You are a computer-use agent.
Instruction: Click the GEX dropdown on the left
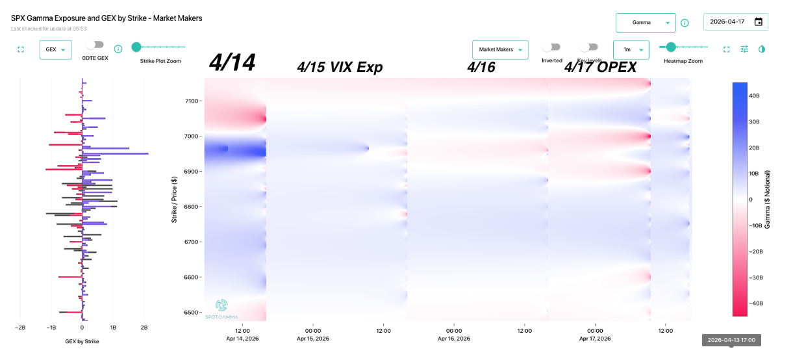(x=55, y=49)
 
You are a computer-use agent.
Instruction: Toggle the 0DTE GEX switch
(x=95, y=45)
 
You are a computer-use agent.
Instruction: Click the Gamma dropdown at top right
(x=645, y=23)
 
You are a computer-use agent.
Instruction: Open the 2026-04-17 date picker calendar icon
(x=758, y=21)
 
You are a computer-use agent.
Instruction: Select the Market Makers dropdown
(x=499, y=49)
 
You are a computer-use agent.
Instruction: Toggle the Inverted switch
(x=551, y=47)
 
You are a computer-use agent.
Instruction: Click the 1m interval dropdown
(x=631, y=49)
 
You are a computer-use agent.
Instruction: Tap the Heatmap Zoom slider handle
(x=671, y=47)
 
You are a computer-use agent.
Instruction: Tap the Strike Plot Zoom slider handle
(x=136, y=47)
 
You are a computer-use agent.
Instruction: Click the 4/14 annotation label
(x=232, y=63)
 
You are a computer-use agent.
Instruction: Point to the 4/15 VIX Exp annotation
(x=340, y=67)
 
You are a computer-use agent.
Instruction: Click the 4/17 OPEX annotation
(x=599, y=67)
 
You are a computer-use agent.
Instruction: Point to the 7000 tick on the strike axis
(x=192, y=136)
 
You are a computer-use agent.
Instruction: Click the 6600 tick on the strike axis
(x=192, y=277)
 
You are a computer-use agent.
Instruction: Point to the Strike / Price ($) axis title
(x=174, y=199)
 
